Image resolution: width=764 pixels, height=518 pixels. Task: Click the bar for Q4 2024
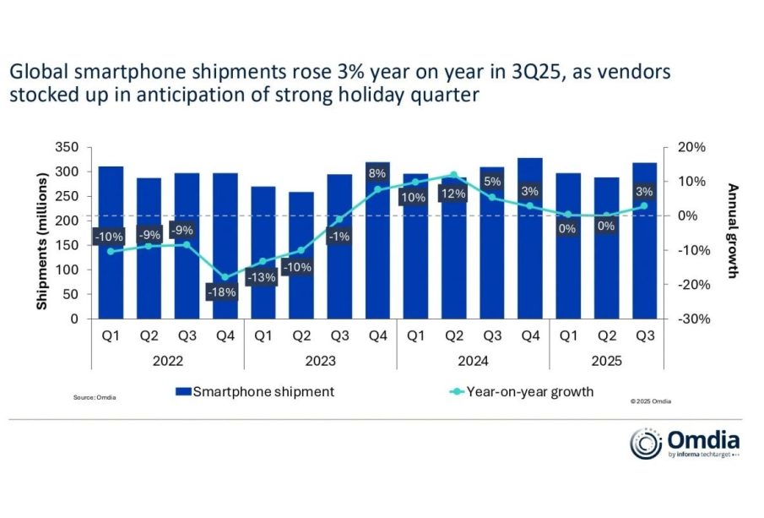(529, 245)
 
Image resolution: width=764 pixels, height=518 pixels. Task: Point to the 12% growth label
(452, 194)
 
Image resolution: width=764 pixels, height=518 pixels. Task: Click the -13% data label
(263, 278)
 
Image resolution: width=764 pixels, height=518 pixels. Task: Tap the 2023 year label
(320, 361)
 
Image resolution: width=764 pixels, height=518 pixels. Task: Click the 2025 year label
(605, 361)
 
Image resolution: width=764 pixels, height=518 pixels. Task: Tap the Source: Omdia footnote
(95, 397)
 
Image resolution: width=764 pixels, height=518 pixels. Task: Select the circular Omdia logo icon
(646, 444)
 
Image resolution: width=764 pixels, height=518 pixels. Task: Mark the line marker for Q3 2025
(643, 205)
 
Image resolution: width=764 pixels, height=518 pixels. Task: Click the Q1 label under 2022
(111, 336)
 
